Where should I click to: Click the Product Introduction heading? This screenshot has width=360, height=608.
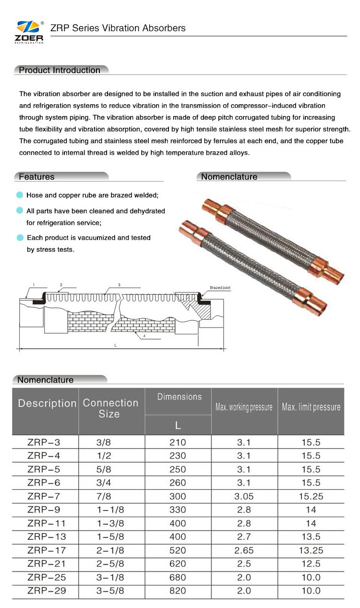[x=60, y=70]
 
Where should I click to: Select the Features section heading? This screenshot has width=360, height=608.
[x=36, y=177]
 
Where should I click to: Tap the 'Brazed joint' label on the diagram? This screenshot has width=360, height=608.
[x=220, y=288]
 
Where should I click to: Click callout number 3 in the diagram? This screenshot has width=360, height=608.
[x=119, y=285]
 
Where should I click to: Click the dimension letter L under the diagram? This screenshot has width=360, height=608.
[x=115, y=345]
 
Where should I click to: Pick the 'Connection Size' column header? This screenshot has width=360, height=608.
[x=110, y=408]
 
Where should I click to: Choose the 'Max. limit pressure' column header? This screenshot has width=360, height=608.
[x=311, y=407]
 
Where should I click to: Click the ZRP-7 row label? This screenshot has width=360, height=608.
[x=44, y=496]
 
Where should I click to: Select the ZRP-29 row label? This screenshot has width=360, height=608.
[x=47, y=591]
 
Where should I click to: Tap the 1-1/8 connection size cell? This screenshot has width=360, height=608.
[x=110, y=510]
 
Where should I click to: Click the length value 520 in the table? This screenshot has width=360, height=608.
[x=178, y=550]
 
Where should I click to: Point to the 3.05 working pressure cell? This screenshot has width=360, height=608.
[x=244, y=496]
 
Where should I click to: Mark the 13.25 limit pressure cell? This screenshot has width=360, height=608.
[x=311, y=550]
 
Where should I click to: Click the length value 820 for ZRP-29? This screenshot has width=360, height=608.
[x=178, y=591]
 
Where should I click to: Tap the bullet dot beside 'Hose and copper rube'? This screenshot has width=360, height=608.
[x=20, y=195]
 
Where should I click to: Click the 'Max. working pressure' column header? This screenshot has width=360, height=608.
[x=244, y=407]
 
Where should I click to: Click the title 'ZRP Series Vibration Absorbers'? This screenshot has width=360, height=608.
[x=118, y=28]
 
